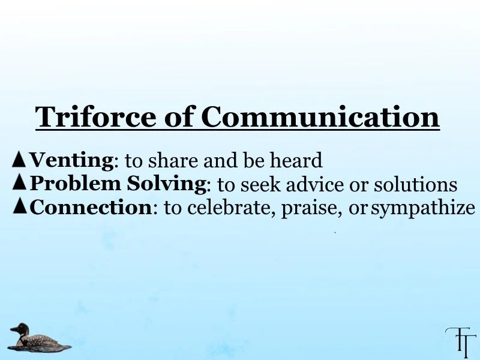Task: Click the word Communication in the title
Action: click(x=320, y=116)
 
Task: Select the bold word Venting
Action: click(x=71, y=160)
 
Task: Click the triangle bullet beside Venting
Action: click(x=19, y=159)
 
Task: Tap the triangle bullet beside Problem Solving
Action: click(x=19, y=182)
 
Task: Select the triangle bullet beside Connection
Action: click(x=19, y=206)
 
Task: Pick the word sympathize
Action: click(x=423, y=208)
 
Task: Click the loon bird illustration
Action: click(x=37, y=338)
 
